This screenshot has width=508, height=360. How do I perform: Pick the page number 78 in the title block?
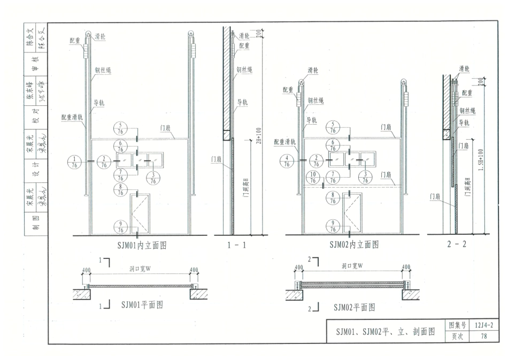pos(483,336)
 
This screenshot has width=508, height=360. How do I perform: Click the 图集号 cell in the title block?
pos(457,325)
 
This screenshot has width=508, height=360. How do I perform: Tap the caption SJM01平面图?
pos(142,305)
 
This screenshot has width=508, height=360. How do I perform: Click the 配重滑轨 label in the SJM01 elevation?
pos(72,117)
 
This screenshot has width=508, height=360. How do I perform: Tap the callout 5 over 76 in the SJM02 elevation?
pos(333,127)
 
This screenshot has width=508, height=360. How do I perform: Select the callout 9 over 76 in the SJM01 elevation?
pos(121,226)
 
